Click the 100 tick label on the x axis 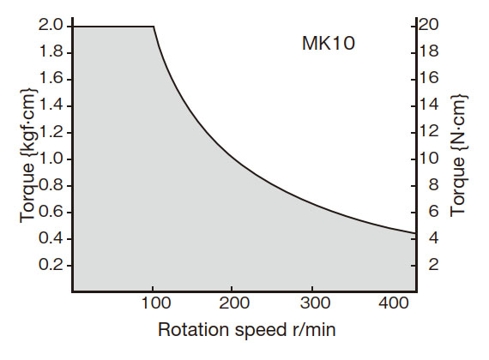tap(153, 303)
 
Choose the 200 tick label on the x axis tap(232, 303)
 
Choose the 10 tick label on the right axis tap(428, 159)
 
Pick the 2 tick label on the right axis tap(432, 265)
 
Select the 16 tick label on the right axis tap(428, 79)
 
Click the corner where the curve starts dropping tap(154, 27)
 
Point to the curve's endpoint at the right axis tap(415, 233)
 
